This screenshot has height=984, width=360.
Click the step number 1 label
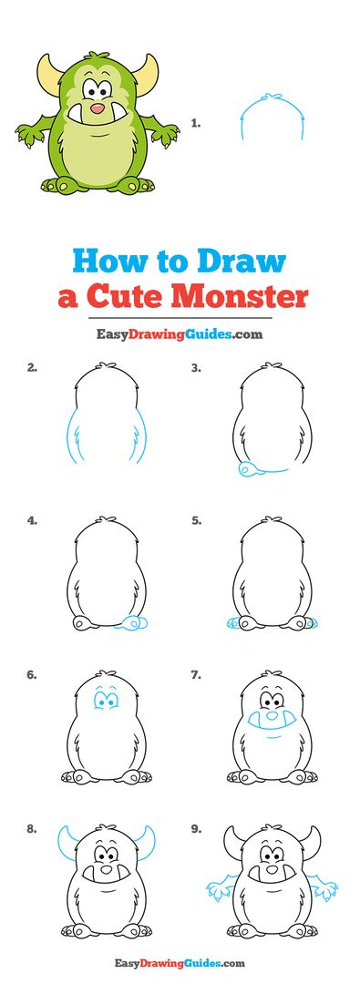coord(195,121)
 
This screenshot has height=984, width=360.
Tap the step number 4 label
coord(32,521)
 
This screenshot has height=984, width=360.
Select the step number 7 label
coord(195,675)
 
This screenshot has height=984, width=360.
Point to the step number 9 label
coord(195,829)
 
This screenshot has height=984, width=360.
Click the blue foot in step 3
coord(248,469)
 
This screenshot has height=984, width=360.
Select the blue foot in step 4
coord(134,623)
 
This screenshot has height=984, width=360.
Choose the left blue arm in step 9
coord(216,887)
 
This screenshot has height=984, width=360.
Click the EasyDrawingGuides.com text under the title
coord(180,334)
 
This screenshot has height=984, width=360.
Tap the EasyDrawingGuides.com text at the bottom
coord(180,962)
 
